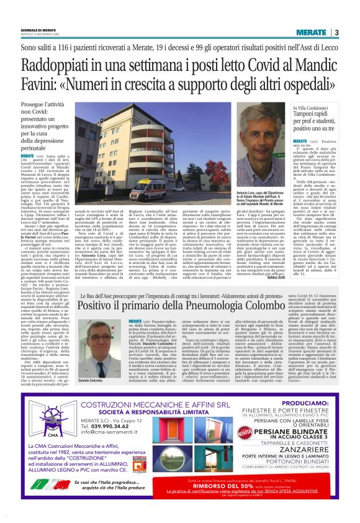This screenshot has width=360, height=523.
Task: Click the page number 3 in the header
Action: pos(336,32)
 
